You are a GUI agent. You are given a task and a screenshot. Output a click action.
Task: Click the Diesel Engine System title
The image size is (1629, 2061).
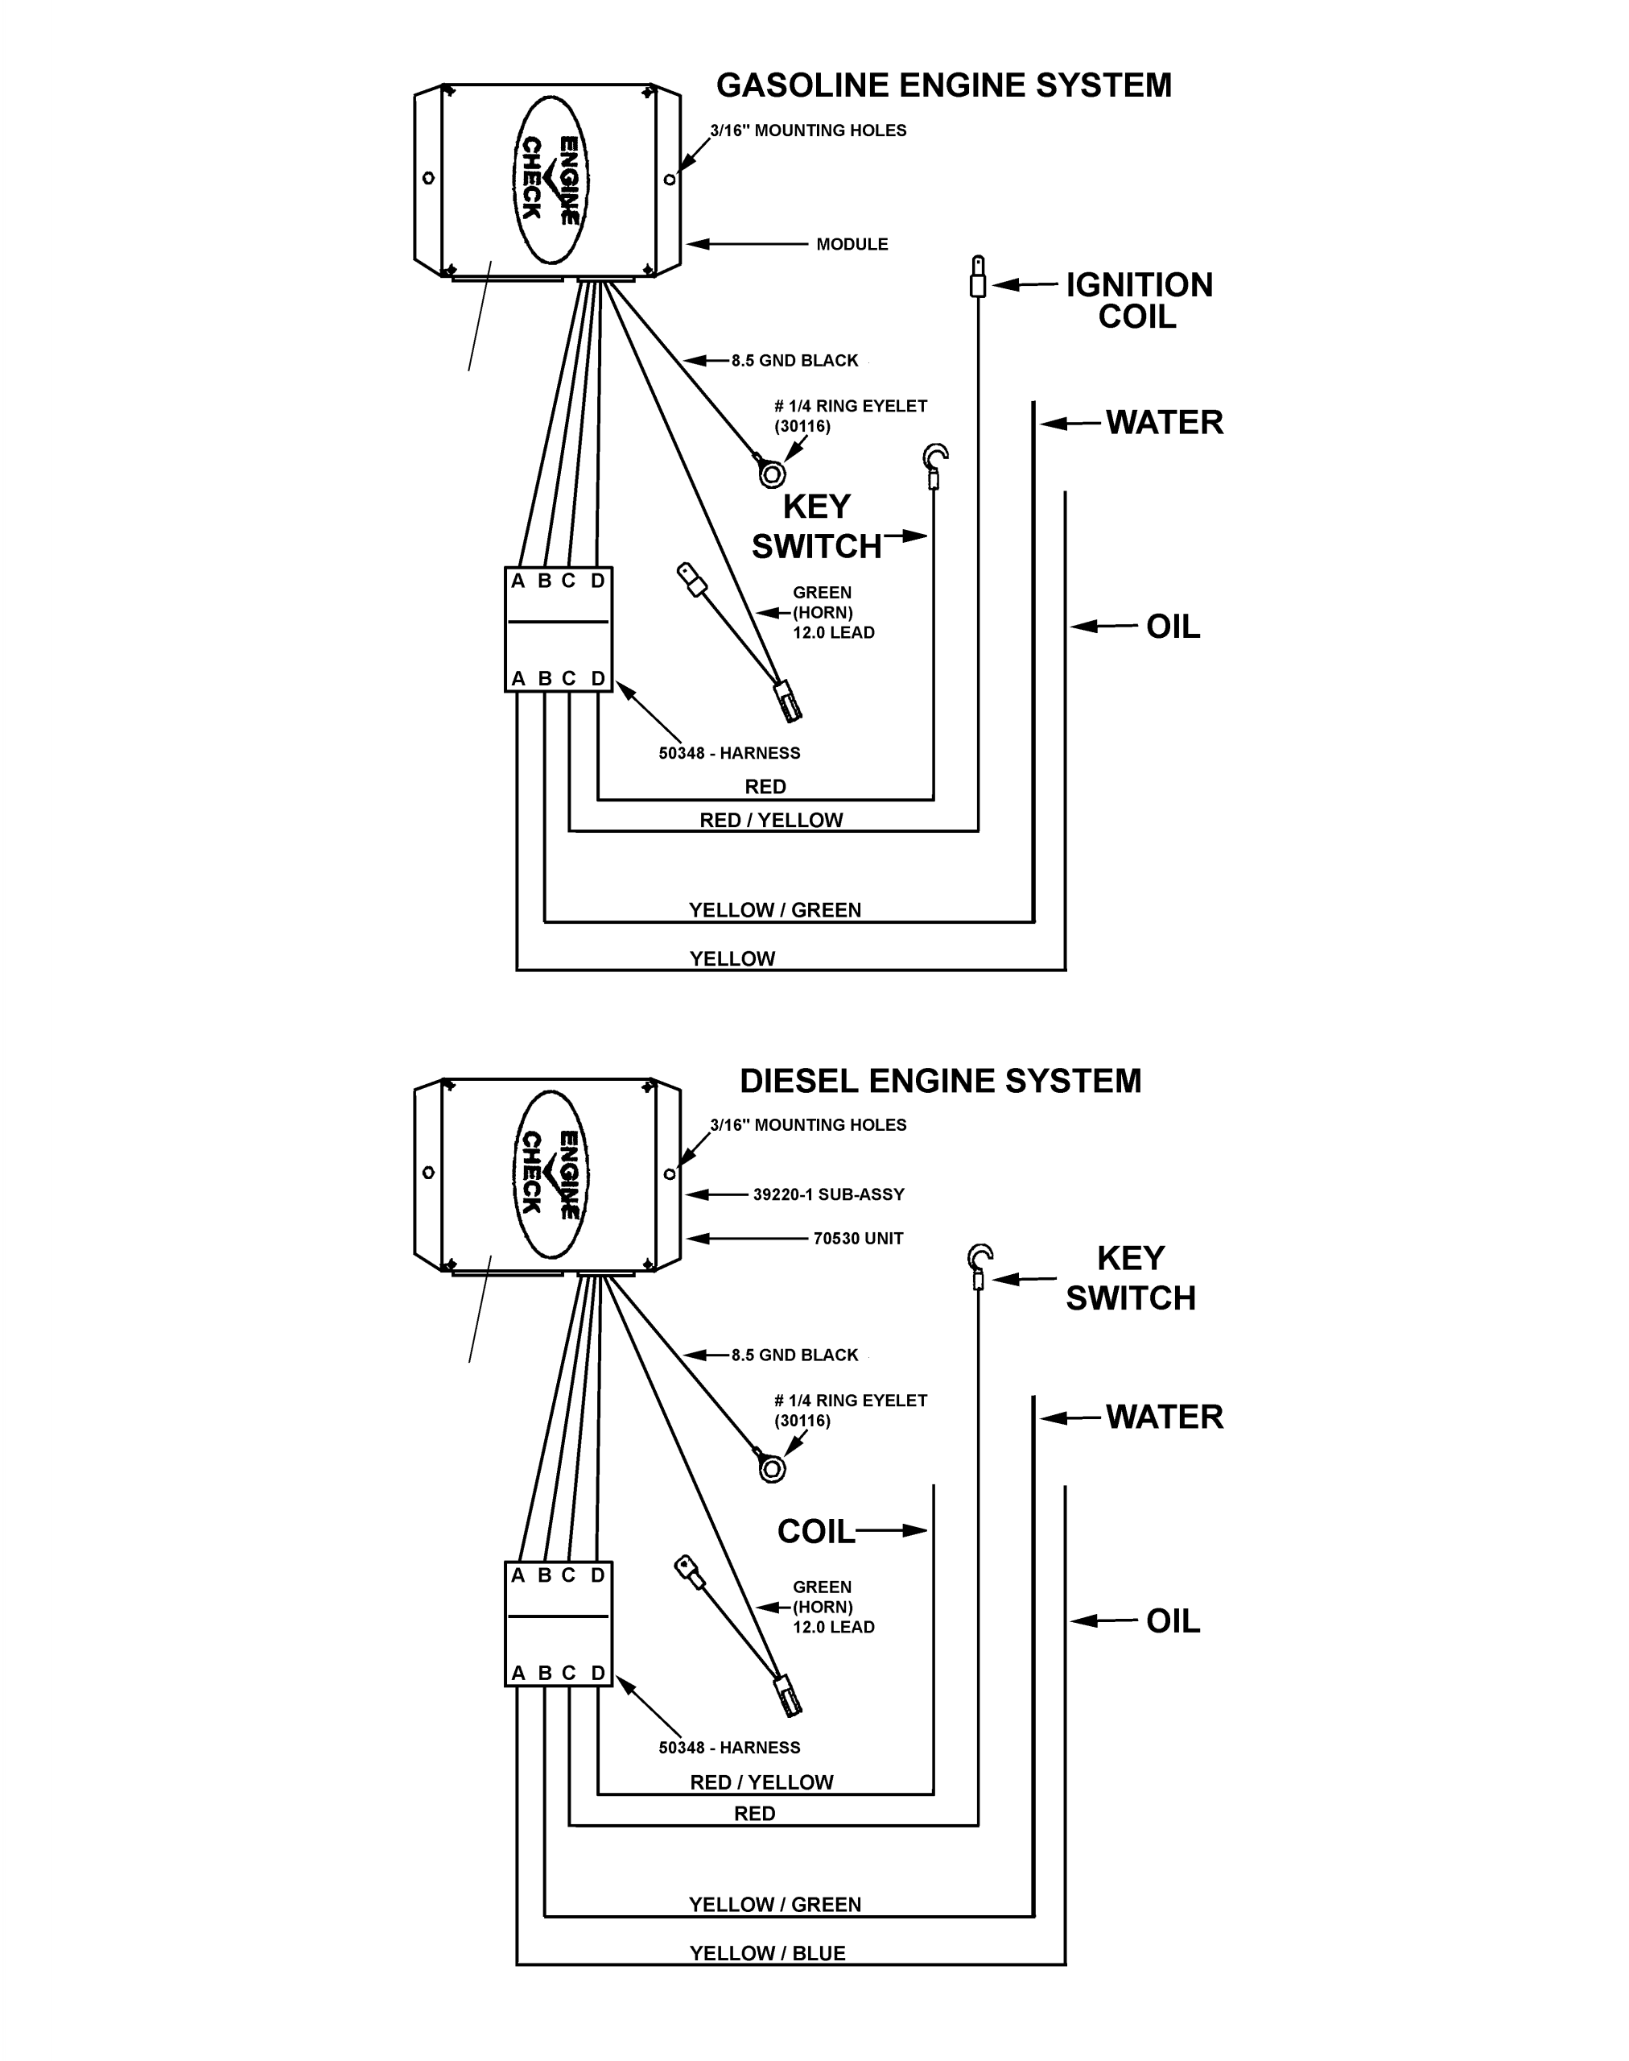[x=940, y=1081]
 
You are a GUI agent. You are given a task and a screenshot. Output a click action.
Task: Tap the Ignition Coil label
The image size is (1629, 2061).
[x=1139, y=300]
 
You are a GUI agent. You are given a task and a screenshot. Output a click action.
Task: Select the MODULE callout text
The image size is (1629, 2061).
[x=852, y=244]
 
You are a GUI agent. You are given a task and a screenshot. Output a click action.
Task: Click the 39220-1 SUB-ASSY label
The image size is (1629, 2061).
[x=829, y=1194]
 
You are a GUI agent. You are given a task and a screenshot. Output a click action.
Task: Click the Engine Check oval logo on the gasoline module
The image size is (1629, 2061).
[x=551, y=180]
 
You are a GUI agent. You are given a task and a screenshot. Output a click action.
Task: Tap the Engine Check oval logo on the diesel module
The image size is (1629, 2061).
[x=551, y=1174]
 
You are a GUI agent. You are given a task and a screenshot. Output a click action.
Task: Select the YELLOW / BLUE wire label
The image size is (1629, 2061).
[x=768, y=1953]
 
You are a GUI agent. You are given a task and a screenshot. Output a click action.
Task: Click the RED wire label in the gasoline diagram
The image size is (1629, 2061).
[x=765, y=786]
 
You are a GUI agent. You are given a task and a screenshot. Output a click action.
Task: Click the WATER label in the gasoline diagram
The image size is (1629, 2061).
[x=1165, y=423]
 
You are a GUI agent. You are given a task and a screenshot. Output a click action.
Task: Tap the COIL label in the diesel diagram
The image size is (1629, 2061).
[x=816, y=1531]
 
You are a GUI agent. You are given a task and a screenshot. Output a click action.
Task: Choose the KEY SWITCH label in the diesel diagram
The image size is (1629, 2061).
[x=1131, y=1279]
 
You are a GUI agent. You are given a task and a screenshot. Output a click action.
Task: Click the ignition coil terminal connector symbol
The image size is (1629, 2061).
[x=978, y=277]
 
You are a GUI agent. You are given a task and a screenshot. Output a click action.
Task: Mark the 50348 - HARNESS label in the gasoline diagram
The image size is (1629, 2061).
[x=730, y=753]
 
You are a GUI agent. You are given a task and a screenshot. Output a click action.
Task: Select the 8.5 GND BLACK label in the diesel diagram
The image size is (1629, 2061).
[x=794, y=1355]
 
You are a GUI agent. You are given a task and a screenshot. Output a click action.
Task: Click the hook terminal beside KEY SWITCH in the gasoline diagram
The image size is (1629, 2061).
[x=935, y=464]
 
